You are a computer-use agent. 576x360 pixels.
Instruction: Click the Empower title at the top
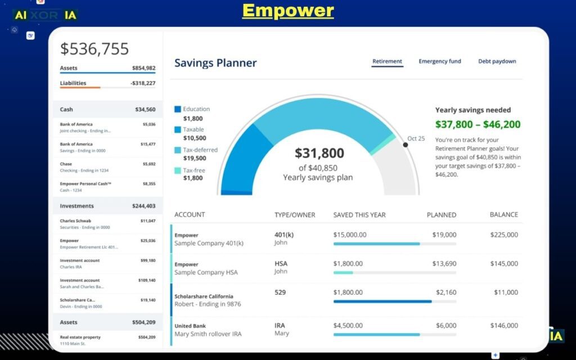pyautogui.click(x=288, y=10)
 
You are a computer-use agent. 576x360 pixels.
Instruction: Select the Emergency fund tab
pyautogui.click(x=439, y=61)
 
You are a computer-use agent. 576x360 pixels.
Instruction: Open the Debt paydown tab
pyautogui.click(x=497, y=61)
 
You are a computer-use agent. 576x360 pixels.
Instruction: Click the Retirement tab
pyautogui.click(x=387, y=61)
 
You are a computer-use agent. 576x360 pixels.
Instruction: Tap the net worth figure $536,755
pyautogui.click(x=94, y=49)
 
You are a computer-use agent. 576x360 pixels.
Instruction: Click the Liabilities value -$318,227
pyautogui.click(x=143, y=83)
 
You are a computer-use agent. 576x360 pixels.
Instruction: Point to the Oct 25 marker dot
pyautogui.click(x=406, y=145)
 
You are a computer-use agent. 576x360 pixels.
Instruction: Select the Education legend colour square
pyautogui.click(x=178, y=109)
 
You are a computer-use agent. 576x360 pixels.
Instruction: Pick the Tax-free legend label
pyautogui.click(x=194, y=170)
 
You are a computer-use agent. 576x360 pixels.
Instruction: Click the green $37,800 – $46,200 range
pyautogui.click(x=478, y=124)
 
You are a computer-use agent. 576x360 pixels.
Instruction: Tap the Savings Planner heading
pyautogui.click(x=215, y=63)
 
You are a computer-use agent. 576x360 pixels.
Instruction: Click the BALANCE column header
pyautogui.click(x=504, y=215)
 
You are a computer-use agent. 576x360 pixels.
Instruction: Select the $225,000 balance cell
pyautogui.click(x=504, y=235)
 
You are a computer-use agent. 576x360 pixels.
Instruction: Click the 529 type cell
pyautogui.click(x=281, y=292)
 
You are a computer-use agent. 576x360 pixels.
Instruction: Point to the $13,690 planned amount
pyautogui.click(x=444, y=264)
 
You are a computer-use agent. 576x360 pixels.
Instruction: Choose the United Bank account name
pyautogui.click(x=190, y=326)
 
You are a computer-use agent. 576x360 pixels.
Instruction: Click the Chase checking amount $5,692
pyautogui.click(x=148, y=164)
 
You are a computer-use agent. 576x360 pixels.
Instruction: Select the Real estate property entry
pyautogui.click(x=80, y=337)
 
